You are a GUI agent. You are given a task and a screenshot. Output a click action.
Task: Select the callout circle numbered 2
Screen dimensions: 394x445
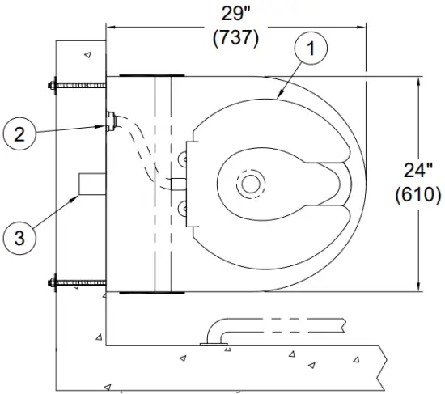coord(19,133)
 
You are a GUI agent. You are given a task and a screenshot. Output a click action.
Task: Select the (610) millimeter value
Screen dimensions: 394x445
coord(418,195)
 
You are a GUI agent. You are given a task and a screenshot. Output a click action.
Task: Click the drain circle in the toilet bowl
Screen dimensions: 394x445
coord(251,183)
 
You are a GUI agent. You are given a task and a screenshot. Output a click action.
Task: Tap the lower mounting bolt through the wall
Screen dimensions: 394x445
coord(78,282)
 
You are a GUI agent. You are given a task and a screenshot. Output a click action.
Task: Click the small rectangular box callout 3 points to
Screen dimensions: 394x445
coord(91,184)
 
